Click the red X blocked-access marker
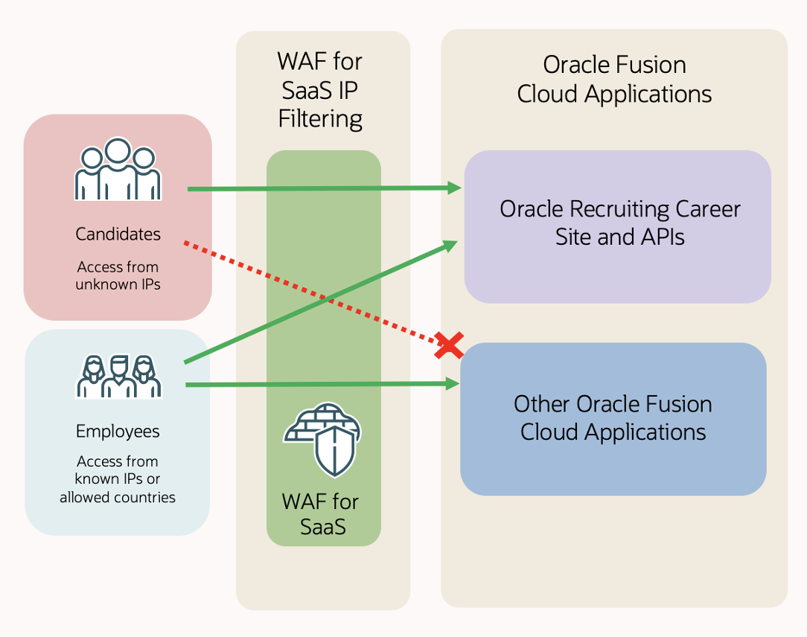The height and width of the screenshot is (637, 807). coord(449,345)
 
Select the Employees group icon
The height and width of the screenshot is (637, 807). coord(119,377)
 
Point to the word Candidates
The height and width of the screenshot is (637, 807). coord(118,234)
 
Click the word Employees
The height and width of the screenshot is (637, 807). coord(118,432)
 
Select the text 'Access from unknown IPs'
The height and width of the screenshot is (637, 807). coord(118,275)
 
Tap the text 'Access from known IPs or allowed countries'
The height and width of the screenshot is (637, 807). coord(118,479)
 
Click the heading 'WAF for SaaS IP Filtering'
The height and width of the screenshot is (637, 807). coord(321,90)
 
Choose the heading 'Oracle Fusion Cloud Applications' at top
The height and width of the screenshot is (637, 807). coord(614,80)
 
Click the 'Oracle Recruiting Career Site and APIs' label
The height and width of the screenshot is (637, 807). coord(619,223)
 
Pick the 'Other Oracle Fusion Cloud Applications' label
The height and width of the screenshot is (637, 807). coord(613,418)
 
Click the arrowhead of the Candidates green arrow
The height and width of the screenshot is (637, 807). coord(454,188)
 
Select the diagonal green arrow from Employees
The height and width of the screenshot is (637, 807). coord(320,302)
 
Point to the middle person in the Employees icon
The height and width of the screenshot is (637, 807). coord(119,376)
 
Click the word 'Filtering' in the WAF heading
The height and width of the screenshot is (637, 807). coord(321,119)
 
